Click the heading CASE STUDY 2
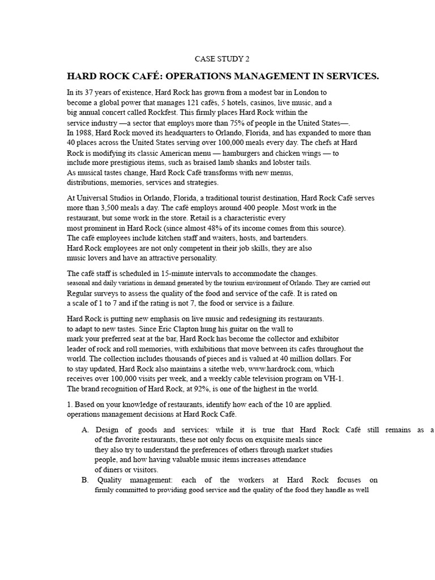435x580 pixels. [x=221, y=58]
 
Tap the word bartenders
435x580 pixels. [x=290, y=238]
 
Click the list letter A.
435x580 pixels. [x=86, y=430]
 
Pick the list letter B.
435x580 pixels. [x=86, y=480]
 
